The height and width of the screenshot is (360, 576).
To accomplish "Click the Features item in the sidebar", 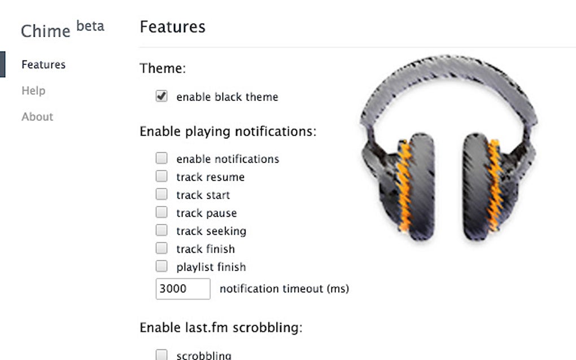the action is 43,64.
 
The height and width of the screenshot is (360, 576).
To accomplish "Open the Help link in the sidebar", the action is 33,91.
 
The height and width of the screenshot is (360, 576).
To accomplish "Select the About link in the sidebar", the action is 37,117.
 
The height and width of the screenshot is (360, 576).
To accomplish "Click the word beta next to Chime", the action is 90,26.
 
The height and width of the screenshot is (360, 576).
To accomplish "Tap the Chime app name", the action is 46,31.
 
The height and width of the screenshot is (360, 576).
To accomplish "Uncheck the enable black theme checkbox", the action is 162,96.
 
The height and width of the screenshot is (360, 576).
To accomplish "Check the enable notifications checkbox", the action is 162,158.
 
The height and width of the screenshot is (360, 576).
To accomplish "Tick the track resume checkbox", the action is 162,176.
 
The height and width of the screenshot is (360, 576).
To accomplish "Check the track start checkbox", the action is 162,194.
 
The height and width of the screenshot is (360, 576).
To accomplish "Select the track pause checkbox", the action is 162,212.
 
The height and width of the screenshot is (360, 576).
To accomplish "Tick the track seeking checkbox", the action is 162,230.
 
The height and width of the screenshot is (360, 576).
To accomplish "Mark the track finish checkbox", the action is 162,248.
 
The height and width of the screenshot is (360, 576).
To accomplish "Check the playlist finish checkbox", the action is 162,266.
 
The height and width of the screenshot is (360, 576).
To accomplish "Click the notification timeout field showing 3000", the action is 183,289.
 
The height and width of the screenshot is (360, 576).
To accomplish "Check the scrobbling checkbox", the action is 162,355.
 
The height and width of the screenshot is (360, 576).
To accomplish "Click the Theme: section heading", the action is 163,68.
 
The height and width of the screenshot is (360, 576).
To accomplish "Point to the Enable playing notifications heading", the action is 228,131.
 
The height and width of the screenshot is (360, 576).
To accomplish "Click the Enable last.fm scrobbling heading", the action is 221,327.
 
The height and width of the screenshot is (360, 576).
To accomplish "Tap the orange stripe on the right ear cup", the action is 494,185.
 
